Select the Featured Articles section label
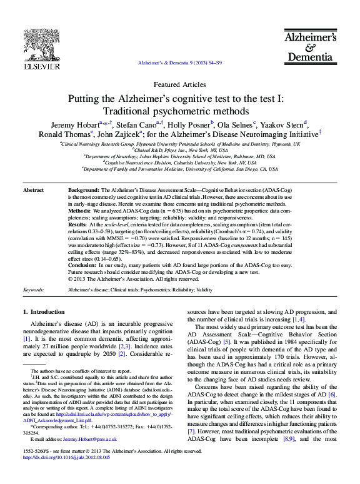[x=179, y=84]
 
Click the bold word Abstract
[x=33, y=189]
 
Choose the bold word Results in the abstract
[x=78, y=224]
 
